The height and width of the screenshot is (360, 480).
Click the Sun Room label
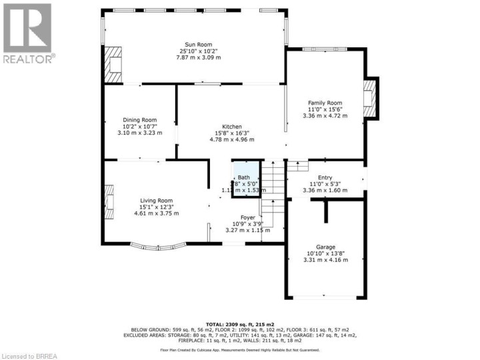[x=195, y=44]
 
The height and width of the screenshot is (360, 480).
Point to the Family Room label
[x=326, y=103]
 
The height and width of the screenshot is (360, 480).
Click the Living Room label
[x=156, y=200]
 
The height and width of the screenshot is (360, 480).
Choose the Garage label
[x=325, y=247]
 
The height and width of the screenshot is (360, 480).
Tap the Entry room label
[x=325, y=177]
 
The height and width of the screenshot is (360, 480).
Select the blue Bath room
[x=245, y=177]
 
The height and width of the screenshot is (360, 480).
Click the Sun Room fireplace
[x=114, y=64]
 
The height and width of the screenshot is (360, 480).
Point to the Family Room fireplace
[x=369, y=99]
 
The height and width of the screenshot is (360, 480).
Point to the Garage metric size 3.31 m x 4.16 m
[x=325, y=259]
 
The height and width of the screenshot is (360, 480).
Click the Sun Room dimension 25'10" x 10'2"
[x=195, y=51]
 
